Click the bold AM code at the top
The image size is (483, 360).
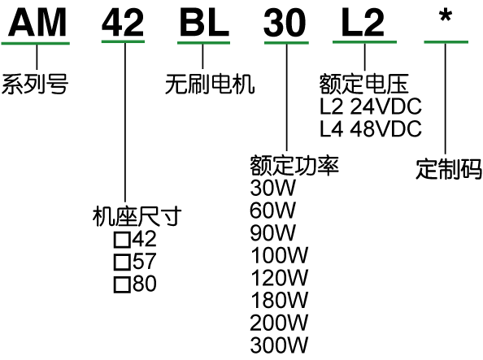pyautogui.click(x=37, y=23)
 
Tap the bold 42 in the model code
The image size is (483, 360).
pyautogui.click(x=123, y=23)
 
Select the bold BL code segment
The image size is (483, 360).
pyautogui.click(x=204, y=23)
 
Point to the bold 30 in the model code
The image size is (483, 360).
pyautogui.click(x=285, y=23)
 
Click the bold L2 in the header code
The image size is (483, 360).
pyautogui.click(x=363, y=23)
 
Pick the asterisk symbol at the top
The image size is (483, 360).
pyautogui.click(x=446, y=16)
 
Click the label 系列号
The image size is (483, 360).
pyautogui.click(x=35, y=84)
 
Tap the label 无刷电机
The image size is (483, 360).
pyautogui.click(x=210, y=84)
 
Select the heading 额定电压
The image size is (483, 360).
pyautogui.click(x=363, y=84)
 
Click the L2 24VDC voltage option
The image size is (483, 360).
pyautogui.click(x=371, y=106)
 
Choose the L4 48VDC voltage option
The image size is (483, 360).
pyautogui.click(x=371, y=128)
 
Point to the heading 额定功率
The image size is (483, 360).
pyautogui.click(x=294, y=165)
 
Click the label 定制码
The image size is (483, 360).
pyautogui.click(x=449, y=169)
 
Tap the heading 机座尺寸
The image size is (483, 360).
pyautogui.click(x=137, y=216)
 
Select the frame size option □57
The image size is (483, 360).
pyautogui.click(x=135, y=261)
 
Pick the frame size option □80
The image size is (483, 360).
pyautogui.click(x=135, y=284)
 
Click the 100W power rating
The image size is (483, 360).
pyautogui.click(x=279, y=255)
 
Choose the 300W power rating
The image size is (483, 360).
pyautogui.click(x=279, y=345)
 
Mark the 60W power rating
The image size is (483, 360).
pyautogui.click(x=273, y=210)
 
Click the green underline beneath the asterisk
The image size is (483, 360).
pyautogui.click(x=446, y=42)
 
